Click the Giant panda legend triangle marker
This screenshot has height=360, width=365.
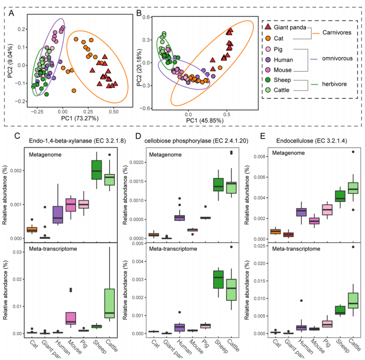[x=268, y=27]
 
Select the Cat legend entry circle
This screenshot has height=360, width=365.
[x=268, y=38]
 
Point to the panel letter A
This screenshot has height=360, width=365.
[x=12, y=13]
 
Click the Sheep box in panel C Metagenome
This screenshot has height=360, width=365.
[x=97, y=170]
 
